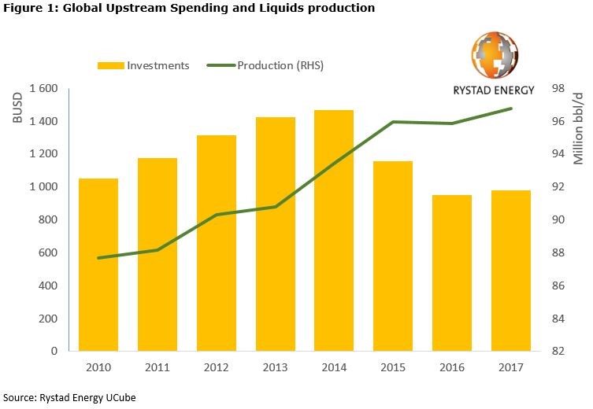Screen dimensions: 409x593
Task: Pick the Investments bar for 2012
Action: click(217, 243)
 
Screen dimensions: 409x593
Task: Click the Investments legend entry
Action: click(143, 65)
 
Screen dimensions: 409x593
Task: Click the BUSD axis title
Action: click(18, 109)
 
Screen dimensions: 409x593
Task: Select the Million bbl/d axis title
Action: click(578, 131)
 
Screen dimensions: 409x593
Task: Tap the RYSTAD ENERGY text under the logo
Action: click(495, 90)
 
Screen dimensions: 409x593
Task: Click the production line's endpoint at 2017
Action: click(511, 109)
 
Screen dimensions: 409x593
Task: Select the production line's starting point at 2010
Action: click(98, 258)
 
